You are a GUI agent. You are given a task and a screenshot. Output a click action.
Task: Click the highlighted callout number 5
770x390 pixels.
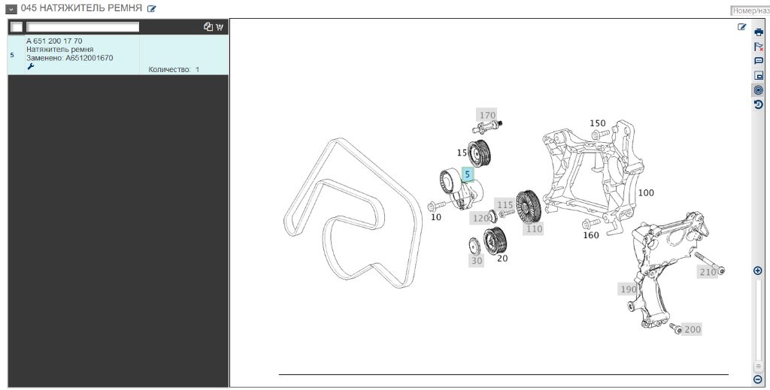click(468, 174)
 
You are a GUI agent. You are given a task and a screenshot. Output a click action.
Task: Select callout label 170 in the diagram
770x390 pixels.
click(487, 115)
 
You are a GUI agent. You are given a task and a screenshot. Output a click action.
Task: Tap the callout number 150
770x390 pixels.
click(598, 123)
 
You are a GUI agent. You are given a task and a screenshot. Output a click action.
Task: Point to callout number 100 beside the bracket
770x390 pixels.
click(646, 193)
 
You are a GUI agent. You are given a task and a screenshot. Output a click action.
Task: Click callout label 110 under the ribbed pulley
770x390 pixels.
click(534, 228)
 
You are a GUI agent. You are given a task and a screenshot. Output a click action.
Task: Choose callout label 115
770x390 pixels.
click(505, 204)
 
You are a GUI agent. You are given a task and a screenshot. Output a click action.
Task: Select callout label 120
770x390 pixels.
click(480, 219)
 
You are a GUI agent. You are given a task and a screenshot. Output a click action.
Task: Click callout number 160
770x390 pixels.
click(591, 235)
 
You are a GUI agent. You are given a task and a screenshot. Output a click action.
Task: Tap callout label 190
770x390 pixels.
click(628, 289)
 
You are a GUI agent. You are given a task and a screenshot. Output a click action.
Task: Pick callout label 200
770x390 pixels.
click(692, 329)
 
